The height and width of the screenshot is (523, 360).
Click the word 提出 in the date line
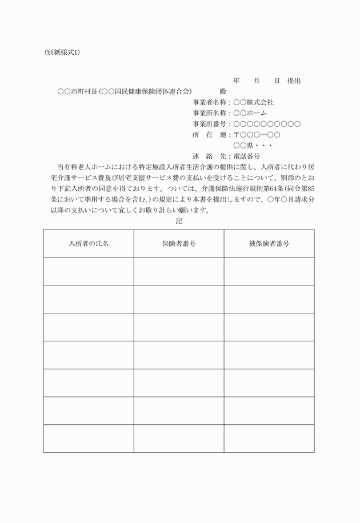(x=294, y=81)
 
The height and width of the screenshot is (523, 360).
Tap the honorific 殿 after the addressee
(x=223, y=91)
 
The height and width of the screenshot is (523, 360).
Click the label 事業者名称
(x=211, y=102)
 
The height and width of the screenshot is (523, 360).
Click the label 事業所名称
(x=211, y=113)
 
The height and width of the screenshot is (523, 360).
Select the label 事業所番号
(x=211, y=124)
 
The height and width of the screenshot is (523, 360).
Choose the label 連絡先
(x=211, y=156)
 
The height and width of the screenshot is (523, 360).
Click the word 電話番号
(x=246, y=156)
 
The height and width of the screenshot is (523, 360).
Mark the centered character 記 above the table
(x=179, y=220)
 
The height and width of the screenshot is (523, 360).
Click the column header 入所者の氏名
(x=89, y=244)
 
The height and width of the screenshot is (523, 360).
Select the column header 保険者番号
(x=179, y=244)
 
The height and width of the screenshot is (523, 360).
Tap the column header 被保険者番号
(x=269, y=244)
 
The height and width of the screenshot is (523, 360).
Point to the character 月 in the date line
(x=257, y=81)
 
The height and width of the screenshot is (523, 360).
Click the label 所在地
(x=211, y=135)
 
